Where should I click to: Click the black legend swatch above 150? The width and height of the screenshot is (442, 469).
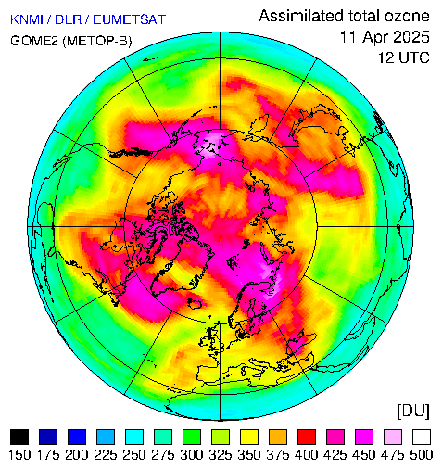(19, 437)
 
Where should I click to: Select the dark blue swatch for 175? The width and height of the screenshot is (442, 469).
(48, 437)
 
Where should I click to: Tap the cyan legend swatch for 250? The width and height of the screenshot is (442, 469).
(134, 437)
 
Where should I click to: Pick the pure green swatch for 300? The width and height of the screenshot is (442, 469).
(192, 437)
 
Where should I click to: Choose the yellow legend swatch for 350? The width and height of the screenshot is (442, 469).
(249, 437)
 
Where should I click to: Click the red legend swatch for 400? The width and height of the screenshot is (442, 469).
(307, 437)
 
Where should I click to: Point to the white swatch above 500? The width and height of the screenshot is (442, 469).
(422, 437)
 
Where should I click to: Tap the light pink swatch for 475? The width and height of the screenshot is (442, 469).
(393, 437)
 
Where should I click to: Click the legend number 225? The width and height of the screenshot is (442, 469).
(106, 455)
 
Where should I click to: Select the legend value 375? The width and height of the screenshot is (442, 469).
(278, 455)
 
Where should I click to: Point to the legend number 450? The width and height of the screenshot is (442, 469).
(364, 455)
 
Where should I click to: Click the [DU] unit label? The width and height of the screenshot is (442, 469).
(413, 412)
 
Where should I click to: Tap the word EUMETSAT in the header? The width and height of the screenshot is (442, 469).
(130, 19)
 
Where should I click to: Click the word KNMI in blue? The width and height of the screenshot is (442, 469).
(27, 19)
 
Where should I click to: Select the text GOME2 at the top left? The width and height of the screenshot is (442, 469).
(34, 41)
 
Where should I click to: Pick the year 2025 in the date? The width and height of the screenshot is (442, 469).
(411, 37)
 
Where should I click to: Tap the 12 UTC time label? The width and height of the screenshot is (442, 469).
(404, 57)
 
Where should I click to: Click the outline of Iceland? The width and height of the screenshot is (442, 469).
(196, 303)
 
